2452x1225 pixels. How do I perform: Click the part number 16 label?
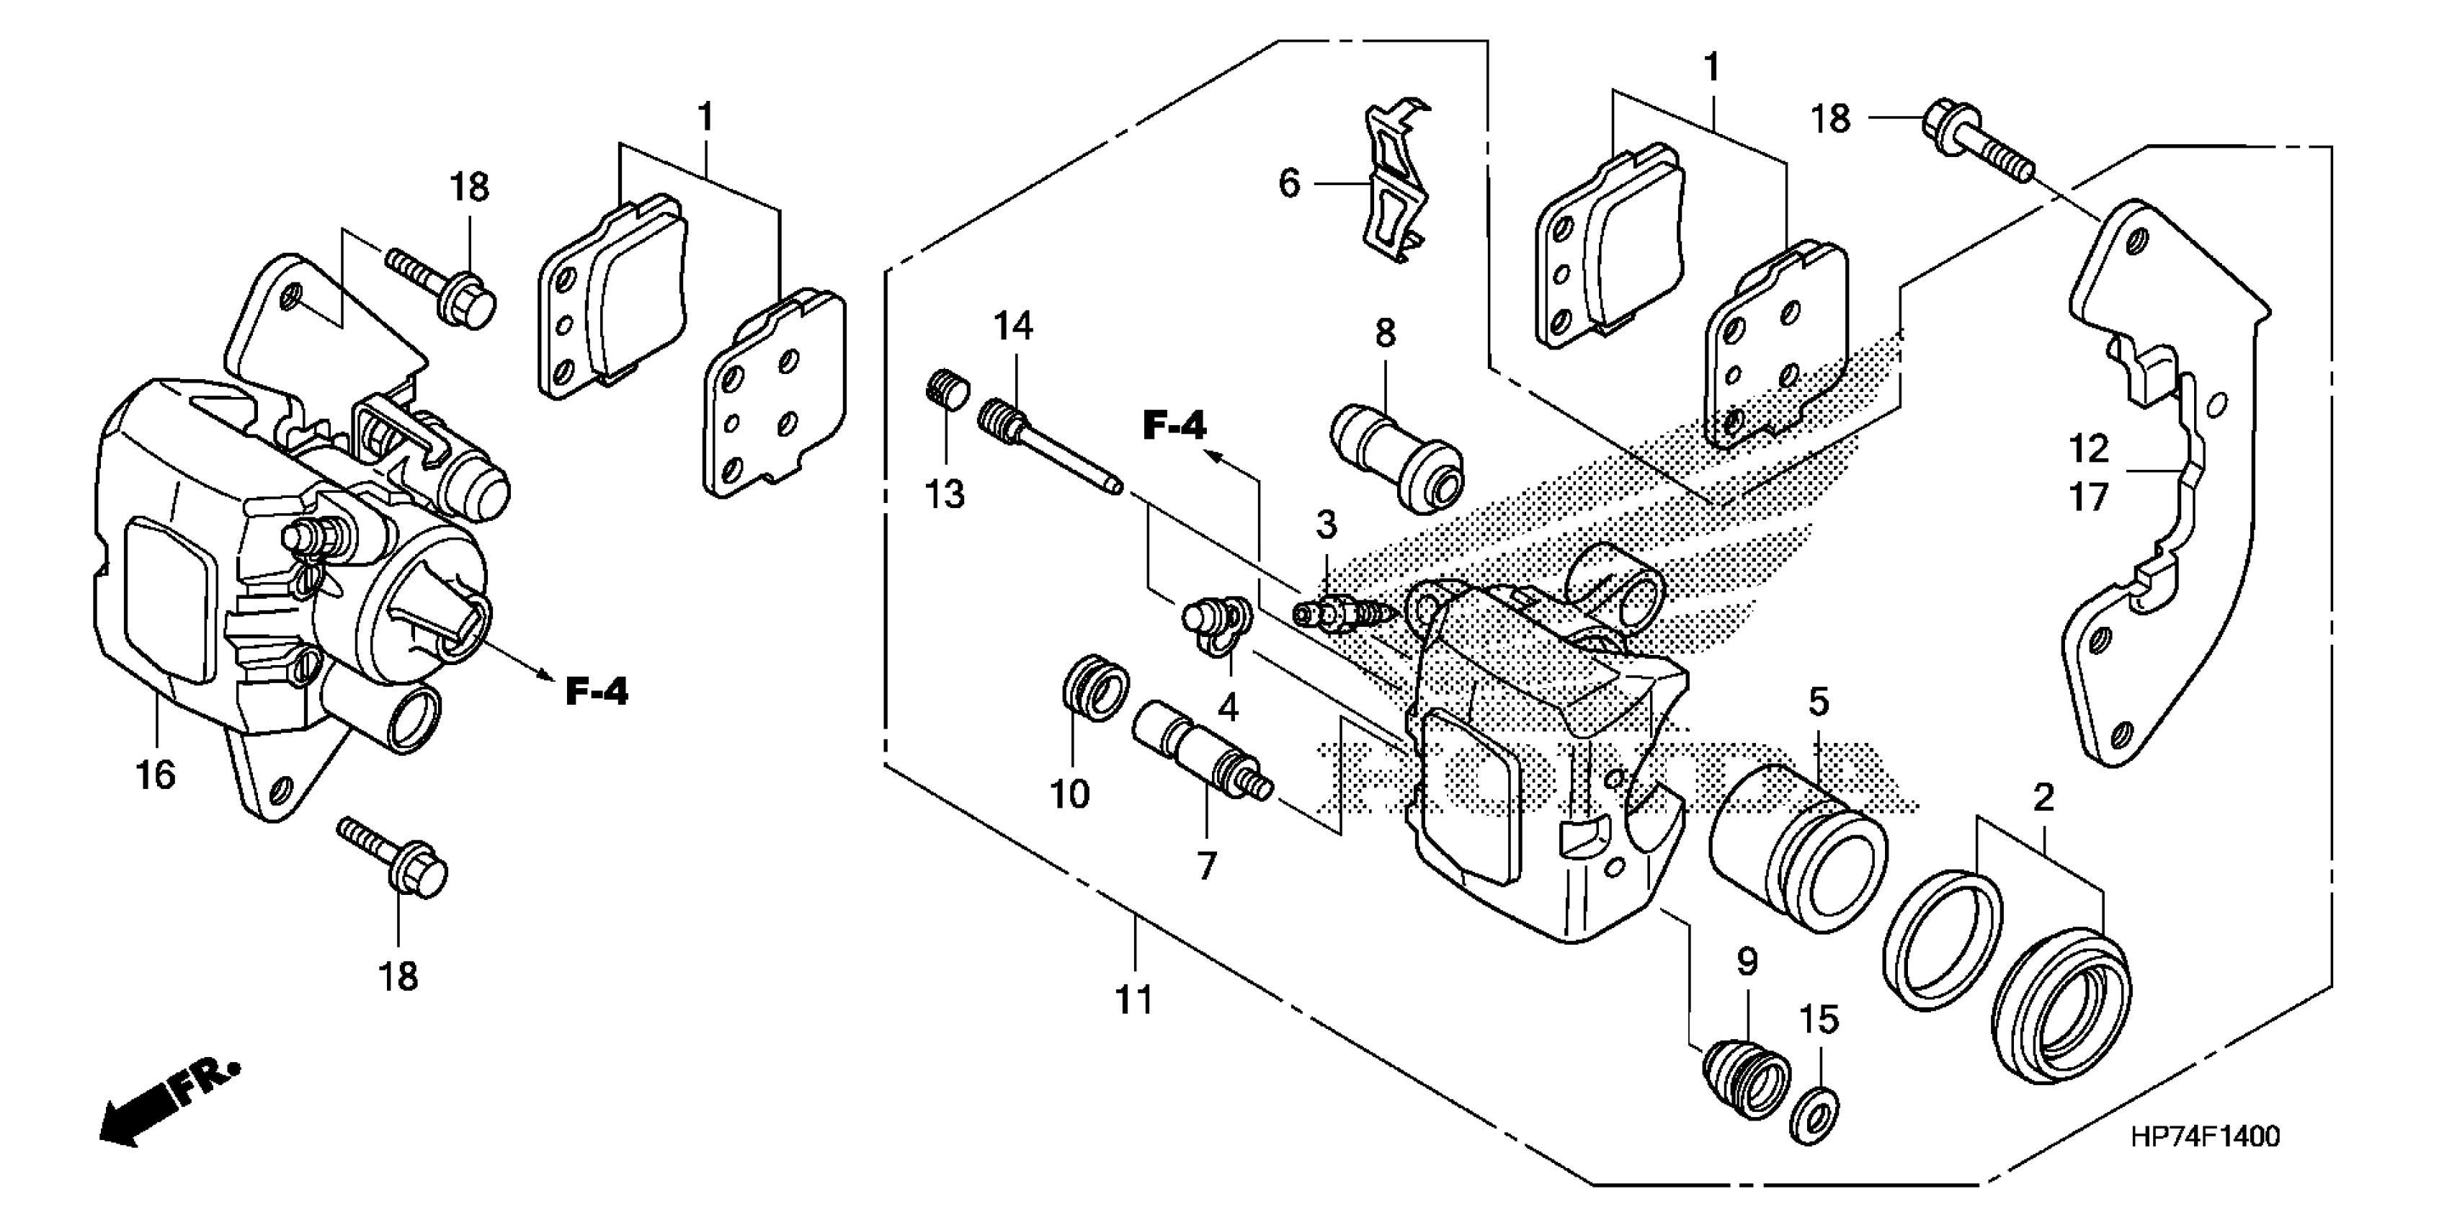tap(155, 775)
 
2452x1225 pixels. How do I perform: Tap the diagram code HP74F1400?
tap(2206, 1136)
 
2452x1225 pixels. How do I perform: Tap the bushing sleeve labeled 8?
tap(1396, 457)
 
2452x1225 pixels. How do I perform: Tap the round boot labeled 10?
tap(1095, 688)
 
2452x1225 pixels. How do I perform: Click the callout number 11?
tap(1133, 1000)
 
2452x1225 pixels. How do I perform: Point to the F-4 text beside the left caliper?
tap(597, 691)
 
